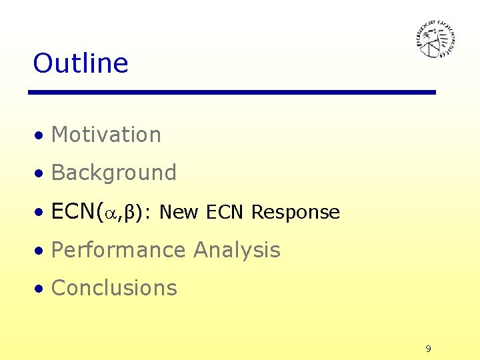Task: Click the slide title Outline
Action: tap(80, 63)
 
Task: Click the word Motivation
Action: tap(106, 135)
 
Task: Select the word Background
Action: tap(113, 173)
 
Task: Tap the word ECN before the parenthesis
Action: tap(73, 211)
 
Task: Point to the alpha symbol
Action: tap(110, 213)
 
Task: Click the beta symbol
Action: tap(131, 213)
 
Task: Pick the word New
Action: tap(179, 213)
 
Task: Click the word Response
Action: tap(295, 213)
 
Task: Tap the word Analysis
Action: tap(237, 250)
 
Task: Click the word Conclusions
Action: tap(114, 288)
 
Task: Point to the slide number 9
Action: tap(428, 349)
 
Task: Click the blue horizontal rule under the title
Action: tap(232, 92)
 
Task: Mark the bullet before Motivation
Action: tap(41, 136)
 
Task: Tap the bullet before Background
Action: tap(41, 174)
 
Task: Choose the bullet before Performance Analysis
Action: tap(41, 251)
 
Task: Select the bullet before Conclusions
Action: tap(41, 289)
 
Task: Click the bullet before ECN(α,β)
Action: tap(41, 213)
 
